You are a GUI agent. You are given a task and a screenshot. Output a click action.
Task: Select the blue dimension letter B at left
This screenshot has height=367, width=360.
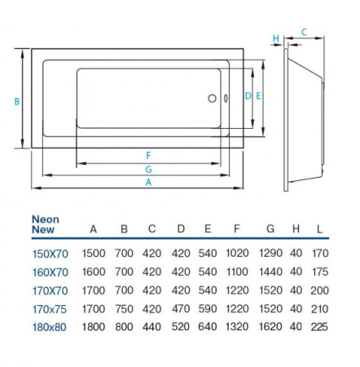(16, 101)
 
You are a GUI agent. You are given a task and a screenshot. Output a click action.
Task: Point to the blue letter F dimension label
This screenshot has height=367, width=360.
(148, 155)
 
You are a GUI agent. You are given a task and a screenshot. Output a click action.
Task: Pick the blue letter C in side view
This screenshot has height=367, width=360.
(303, 32)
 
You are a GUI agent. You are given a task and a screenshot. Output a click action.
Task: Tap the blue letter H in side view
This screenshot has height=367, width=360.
(276, 38)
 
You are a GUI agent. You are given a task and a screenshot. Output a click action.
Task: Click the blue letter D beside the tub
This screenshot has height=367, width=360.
(248, 96)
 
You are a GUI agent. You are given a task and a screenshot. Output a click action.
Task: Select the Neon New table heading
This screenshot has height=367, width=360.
(45, 225)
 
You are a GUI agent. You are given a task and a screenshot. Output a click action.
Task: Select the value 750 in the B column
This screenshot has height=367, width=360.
(124, 307)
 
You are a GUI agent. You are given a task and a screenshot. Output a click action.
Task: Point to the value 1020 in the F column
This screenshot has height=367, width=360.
(236, 254)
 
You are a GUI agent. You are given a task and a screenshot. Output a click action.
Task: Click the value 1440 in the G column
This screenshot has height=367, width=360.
(270, 272)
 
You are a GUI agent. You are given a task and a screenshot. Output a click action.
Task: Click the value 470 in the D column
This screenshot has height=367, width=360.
(180, 307)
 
